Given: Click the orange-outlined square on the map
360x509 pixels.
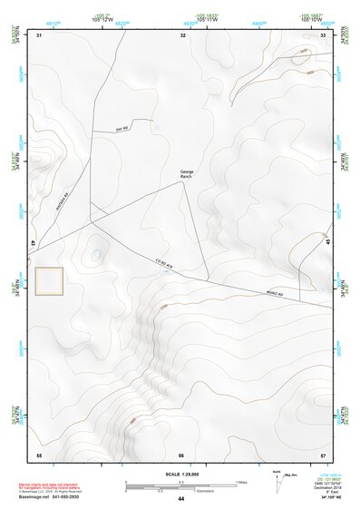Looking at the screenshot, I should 48,281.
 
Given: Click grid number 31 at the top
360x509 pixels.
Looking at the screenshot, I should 39,34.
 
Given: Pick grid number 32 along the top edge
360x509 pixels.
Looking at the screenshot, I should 182,34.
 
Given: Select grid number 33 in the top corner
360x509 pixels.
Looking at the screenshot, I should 324,34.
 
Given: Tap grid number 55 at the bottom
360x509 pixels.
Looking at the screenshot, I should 39,454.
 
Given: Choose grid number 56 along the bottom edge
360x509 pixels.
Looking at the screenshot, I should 181,454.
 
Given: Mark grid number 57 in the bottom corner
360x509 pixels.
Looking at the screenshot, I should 323,454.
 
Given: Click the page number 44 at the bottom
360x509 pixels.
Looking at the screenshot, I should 181,499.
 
